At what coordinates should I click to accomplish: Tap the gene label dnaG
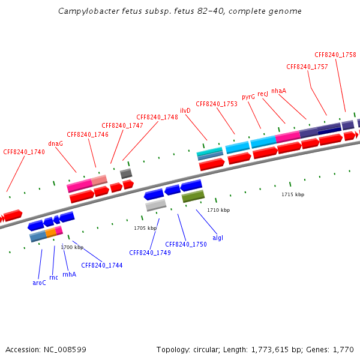pos(56,144)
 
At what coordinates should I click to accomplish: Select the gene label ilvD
pos(185,111)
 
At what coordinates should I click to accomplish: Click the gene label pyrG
pos(248,97)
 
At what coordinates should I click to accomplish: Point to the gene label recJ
pos(263,94)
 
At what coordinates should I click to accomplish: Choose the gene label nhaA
pos(278,91)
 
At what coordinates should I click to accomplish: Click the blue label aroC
pos(39,282)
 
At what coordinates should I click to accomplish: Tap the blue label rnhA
pos(69,274)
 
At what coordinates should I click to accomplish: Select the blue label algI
pos(218,238)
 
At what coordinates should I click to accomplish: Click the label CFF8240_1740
pos(24,152)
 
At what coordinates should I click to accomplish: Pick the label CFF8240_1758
pos(335,55)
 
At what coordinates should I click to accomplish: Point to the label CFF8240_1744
pos(102,265)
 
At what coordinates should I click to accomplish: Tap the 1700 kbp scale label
pos(71,247)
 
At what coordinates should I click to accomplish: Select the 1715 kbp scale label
pos(293,194)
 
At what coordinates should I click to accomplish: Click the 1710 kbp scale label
pos(218,210)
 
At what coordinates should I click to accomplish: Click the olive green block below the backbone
pos(193,196)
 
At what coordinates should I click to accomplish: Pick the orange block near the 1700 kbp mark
pos(51,232)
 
